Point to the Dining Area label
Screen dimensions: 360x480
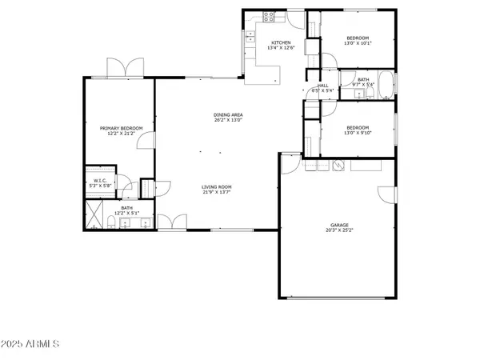coord(228,115)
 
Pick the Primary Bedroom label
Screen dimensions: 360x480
coord(121,128)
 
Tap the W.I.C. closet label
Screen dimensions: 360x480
coord(100,181)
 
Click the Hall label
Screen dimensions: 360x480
coord(323,85)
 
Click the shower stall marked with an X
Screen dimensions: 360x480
coord(94,214)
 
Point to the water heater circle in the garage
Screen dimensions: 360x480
coord(338,166)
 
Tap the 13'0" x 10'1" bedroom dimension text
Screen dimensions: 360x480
coord(358,43)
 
